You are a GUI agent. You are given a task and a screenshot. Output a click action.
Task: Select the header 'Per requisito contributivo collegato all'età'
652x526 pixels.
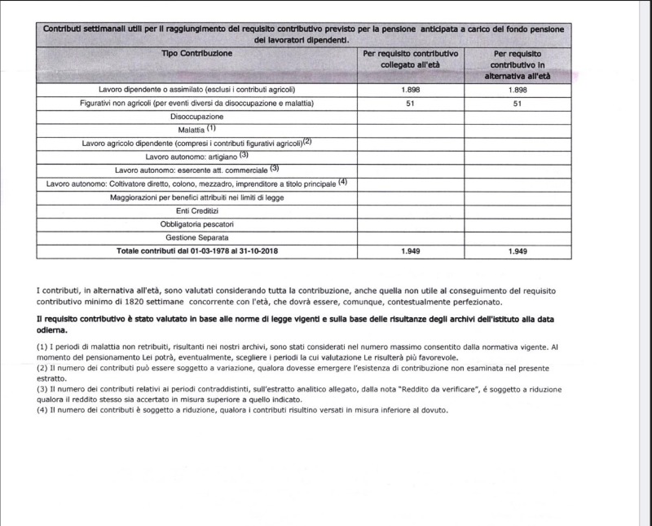[410, 59]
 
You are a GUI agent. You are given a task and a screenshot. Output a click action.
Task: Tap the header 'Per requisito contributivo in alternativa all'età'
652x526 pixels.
[518, 64]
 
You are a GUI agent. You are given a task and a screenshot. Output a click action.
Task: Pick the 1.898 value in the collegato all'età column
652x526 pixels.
[410, 89]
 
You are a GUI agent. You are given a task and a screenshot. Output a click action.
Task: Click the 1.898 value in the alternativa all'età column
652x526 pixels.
[518, 89]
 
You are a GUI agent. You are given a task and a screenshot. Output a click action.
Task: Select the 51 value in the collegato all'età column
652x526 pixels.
[410, 104]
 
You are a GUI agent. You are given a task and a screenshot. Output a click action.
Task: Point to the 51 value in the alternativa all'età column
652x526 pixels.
[518, 104]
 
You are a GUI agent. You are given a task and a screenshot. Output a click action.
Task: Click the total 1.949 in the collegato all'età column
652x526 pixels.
[410, 251]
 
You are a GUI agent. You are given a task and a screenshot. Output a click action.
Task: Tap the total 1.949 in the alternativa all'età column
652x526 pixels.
[518, 252]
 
